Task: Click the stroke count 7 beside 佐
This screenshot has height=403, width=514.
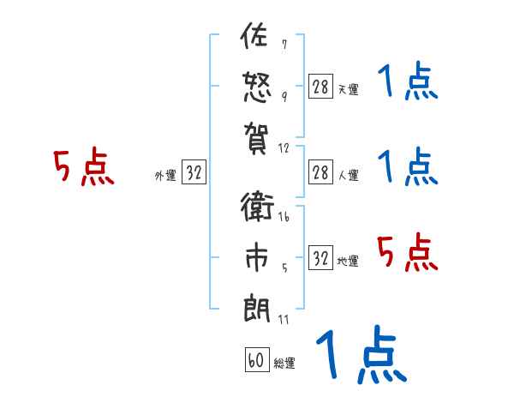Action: click(284, 44)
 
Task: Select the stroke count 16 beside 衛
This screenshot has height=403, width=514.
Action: click(284, 219)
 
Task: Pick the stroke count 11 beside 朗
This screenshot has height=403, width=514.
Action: click(283, 319)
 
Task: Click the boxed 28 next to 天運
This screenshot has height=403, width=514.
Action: click(320, 86)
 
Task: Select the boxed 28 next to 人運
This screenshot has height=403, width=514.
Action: click(320, 172)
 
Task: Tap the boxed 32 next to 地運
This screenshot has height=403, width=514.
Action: click(320, 258)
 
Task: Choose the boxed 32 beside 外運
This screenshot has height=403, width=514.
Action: click(194, 172)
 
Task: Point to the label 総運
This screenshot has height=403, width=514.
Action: click(284, 364)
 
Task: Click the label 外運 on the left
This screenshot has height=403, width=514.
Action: click(165, 175)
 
